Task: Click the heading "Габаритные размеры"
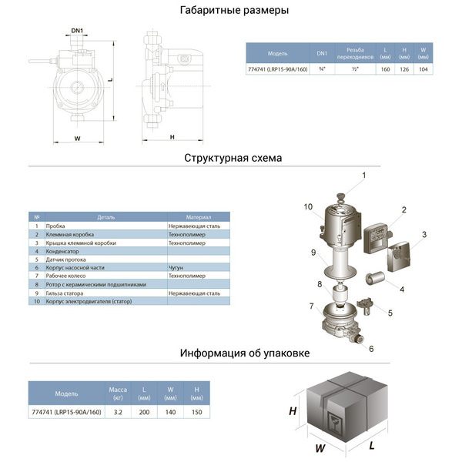click(233, 11)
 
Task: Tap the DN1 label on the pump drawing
click(77, 32)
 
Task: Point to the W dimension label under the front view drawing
click(77, 138)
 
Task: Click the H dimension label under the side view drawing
click(172, 137)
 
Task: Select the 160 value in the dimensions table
click(384, 69)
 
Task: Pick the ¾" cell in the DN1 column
click(322, 69)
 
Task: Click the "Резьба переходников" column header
click(354, 53)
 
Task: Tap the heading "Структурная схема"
click(233, 158)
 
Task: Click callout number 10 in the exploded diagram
click(307, 206)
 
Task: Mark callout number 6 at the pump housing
click(371, 349)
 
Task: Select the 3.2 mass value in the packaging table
click(118, 412)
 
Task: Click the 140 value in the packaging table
click(170, 412)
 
